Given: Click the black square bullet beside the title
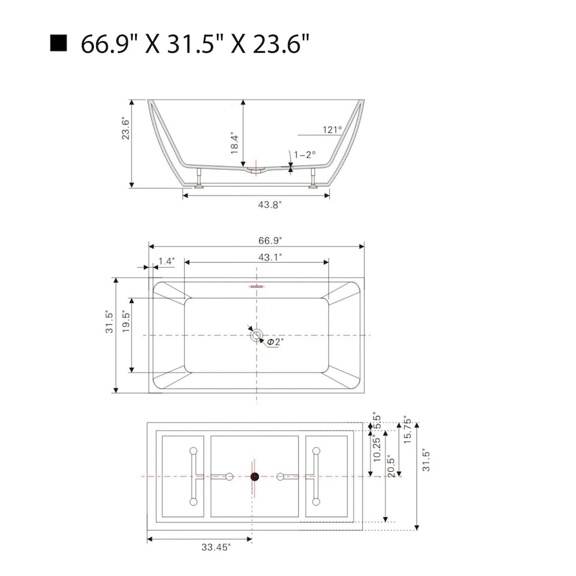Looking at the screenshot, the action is coord(58,43).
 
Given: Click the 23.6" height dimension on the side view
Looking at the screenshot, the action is coord(126,128).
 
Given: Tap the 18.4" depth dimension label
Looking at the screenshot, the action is coord(234,143).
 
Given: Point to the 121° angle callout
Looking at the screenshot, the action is coord(332,130).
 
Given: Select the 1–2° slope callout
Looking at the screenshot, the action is coord(305,154).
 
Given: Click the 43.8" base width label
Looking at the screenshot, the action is coord(270,204).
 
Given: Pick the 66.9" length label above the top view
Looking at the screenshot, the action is coord(270,241).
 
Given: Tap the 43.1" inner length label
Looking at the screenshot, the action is coord(270,257).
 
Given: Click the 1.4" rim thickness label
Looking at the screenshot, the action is coord(166,261).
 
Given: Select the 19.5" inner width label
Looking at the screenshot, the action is coord(126,322).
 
